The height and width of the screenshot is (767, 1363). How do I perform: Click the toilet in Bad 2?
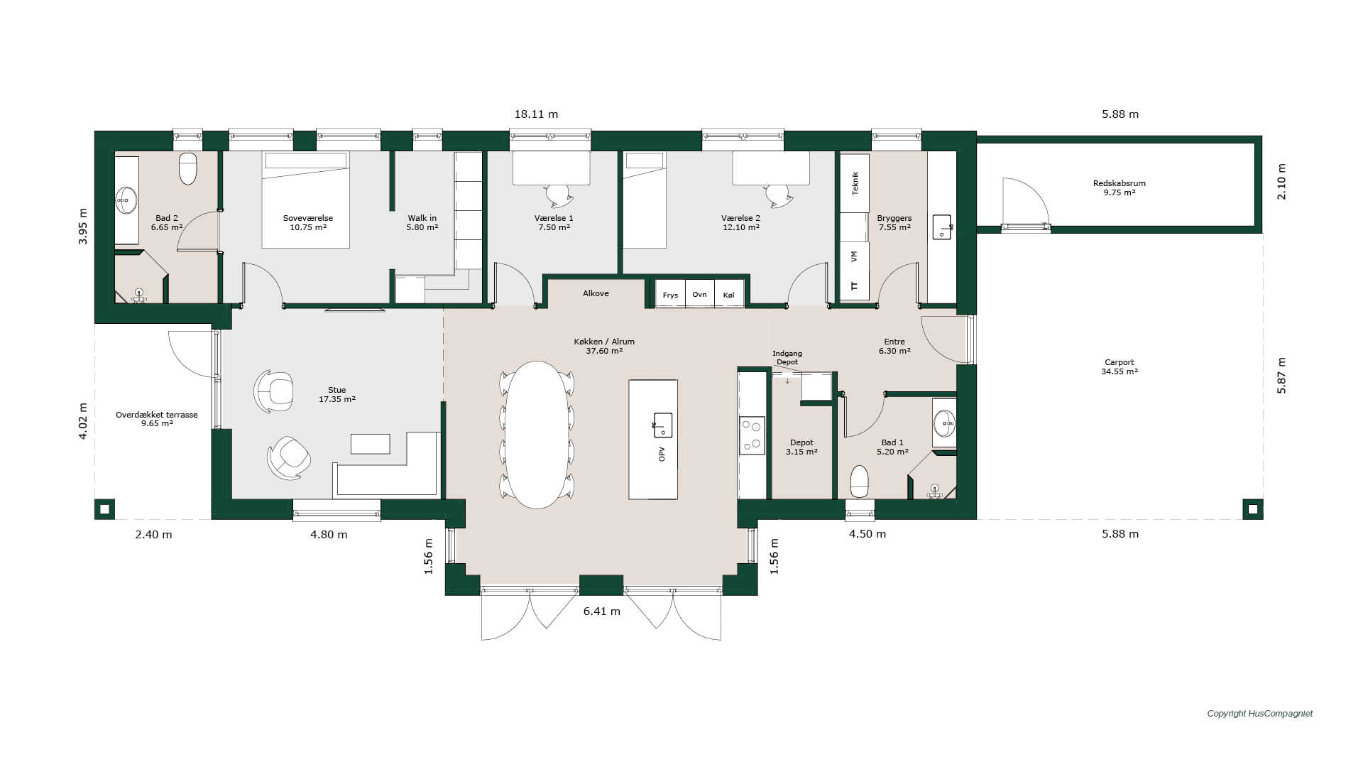pos(187,168)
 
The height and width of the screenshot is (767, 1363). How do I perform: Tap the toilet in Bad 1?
pos(860,482)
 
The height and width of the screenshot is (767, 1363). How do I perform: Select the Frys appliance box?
pos(670,294)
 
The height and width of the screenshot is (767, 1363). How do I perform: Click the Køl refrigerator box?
pos(729,294)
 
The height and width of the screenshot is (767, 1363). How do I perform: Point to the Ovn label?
pos(699,294)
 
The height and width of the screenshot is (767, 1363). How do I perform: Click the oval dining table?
pos(537,435)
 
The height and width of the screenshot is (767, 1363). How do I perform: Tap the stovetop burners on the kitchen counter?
pos(752,435)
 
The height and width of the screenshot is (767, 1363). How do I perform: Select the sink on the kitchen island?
pos(662,425)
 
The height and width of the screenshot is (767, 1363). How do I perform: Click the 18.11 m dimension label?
pos(536,114)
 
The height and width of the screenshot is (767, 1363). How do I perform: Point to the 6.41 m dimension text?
pos(602,611)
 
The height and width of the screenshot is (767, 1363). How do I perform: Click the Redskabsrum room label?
pos(1120,183)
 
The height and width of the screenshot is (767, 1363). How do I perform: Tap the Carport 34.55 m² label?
pos(1120,366)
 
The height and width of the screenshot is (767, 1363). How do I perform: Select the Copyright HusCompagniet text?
pos(1260,714)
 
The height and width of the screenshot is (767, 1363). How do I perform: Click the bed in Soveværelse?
pos(306,200)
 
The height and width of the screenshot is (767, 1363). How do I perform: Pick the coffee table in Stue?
pos(371,444)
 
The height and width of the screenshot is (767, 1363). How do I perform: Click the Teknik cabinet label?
pos(855,183)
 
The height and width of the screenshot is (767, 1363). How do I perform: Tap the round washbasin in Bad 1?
pos(944,423)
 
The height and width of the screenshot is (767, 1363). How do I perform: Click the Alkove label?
pos(596,293)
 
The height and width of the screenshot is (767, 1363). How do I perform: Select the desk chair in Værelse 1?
pos(559,195)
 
